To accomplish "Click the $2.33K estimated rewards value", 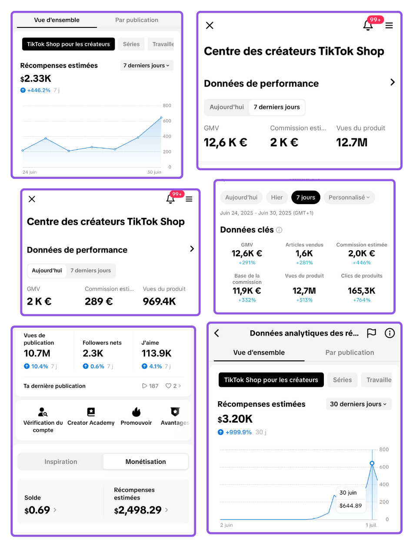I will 36,79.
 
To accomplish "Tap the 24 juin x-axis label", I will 30,172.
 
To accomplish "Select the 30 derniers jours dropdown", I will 358,404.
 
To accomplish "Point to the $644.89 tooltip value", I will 350,506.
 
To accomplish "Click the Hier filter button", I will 277,197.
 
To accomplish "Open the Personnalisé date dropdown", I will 349,197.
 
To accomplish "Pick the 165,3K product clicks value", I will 361,291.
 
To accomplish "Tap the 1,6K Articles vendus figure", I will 304,253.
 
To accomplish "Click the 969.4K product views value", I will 160,301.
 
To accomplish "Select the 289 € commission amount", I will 99,301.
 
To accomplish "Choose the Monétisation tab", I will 146,462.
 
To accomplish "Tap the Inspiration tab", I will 61,462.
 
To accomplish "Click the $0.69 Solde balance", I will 37,510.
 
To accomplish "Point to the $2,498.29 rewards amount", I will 138,510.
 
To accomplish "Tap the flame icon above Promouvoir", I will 136,412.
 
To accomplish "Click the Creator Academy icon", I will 91,412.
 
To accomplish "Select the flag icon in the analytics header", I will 371,333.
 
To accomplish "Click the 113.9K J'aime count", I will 157,353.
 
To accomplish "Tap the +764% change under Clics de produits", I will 361,300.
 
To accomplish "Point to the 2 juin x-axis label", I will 226,525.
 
